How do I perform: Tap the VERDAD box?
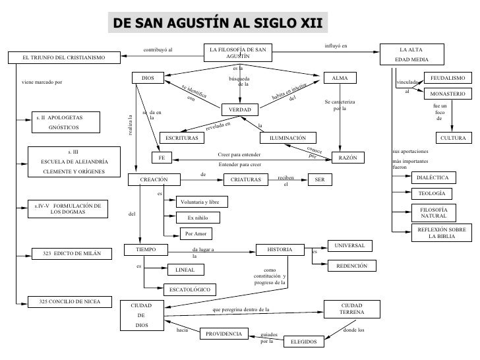point(240,109)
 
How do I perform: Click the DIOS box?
point(148,78)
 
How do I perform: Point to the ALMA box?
point(340,78)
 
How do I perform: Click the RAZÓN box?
point(347,159)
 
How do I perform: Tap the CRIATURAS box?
point(242,179)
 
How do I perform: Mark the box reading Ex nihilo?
point(198,217)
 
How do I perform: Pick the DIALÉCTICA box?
point(433,177)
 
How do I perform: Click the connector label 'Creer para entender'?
point(239,154)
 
